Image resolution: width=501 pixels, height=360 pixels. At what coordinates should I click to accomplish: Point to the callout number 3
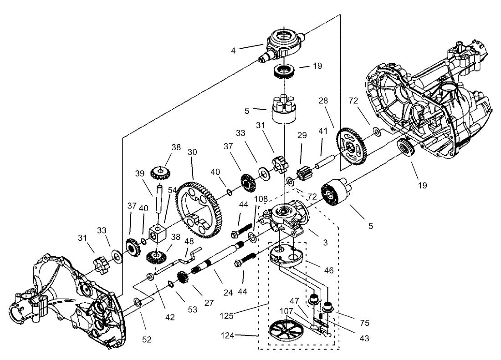coord(325,243)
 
